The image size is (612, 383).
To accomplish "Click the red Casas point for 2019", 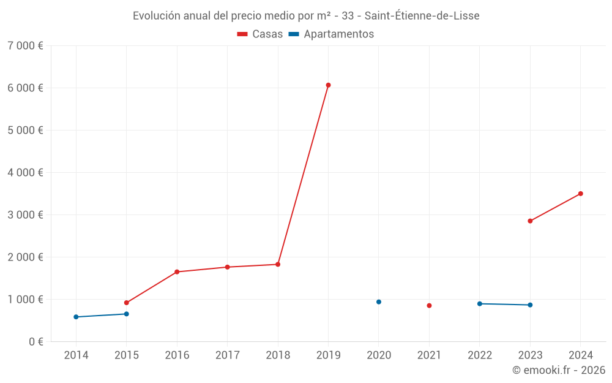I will point(328,85).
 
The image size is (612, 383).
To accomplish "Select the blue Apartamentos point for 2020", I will point(379,301).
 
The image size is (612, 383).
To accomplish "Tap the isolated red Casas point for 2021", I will point(429,305).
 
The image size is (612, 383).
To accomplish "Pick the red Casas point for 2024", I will point(580,194).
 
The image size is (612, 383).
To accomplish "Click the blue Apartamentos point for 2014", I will point(76,317).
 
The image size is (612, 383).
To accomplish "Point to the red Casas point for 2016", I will point(177,271).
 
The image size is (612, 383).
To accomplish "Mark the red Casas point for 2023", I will point(530,221).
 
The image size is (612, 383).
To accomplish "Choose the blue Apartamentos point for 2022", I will point(480,303).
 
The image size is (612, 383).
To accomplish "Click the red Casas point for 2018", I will point(278,264).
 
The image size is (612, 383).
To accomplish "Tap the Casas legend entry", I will point(260,34).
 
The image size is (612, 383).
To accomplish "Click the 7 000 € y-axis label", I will point(26,45).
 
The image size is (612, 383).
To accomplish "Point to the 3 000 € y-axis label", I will point(26,214).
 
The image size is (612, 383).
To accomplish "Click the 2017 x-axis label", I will point(227,355).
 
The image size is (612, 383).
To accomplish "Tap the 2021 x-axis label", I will point(429,355).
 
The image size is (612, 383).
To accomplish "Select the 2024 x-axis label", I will point(580,355).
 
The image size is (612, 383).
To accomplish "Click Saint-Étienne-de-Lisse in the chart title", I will point(422,15).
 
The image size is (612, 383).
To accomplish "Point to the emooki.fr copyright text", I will point(559,370).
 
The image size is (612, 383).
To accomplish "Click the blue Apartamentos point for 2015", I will point(127,314).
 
